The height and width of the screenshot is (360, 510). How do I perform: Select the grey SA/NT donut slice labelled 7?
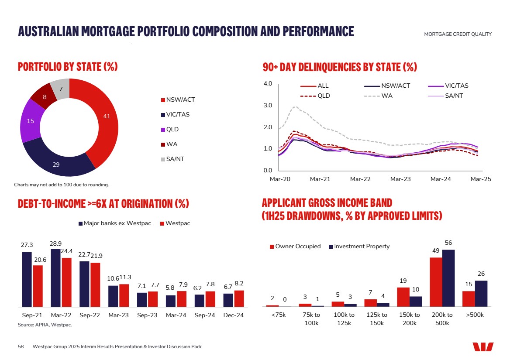pos(61,89)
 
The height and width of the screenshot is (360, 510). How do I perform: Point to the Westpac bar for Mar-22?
pos(66,282)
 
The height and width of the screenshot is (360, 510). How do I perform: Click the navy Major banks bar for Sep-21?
pos(27,279)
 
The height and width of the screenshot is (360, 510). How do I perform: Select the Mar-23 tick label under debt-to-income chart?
pos(118,315)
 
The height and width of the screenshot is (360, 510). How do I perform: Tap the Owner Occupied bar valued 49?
pos(436,282)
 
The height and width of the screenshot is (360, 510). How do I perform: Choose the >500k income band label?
pos(475,315)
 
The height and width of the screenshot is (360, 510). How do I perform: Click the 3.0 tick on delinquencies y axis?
pos(268,106)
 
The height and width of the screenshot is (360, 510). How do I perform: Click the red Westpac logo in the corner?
pos(482,347)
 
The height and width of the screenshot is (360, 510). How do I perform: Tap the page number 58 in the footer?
pos(21,346)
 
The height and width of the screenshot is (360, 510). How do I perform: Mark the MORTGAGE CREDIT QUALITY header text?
pos(458,34)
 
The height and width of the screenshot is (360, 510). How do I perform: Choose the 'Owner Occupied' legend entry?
pos(295,247)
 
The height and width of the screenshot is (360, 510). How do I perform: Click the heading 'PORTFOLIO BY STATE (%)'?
pos(68,67)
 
